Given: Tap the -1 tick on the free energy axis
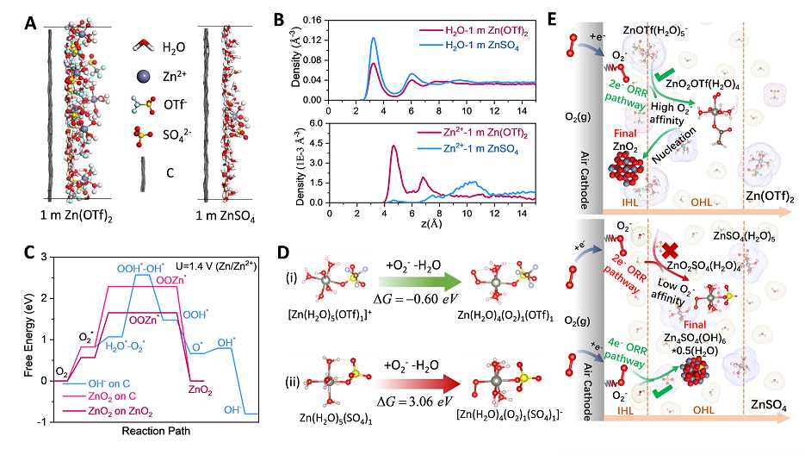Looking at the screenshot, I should [x=44, y=421].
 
